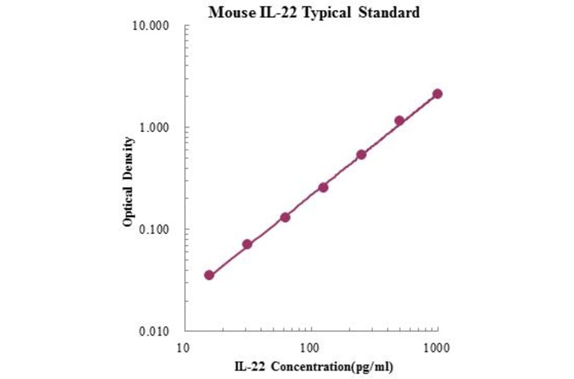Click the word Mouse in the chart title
(x=228, y=12)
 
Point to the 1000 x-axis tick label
(x=437, y=348)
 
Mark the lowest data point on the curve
(x=209, y=275)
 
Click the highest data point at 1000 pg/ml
(x=438, y=94)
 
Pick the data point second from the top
(x=399, y=121)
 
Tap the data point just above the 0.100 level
(x=285, y=217)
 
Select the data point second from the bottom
(x=247, y=244)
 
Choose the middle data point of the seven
(x=323, y=187)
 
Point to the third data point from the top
(x=361, y=154)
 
